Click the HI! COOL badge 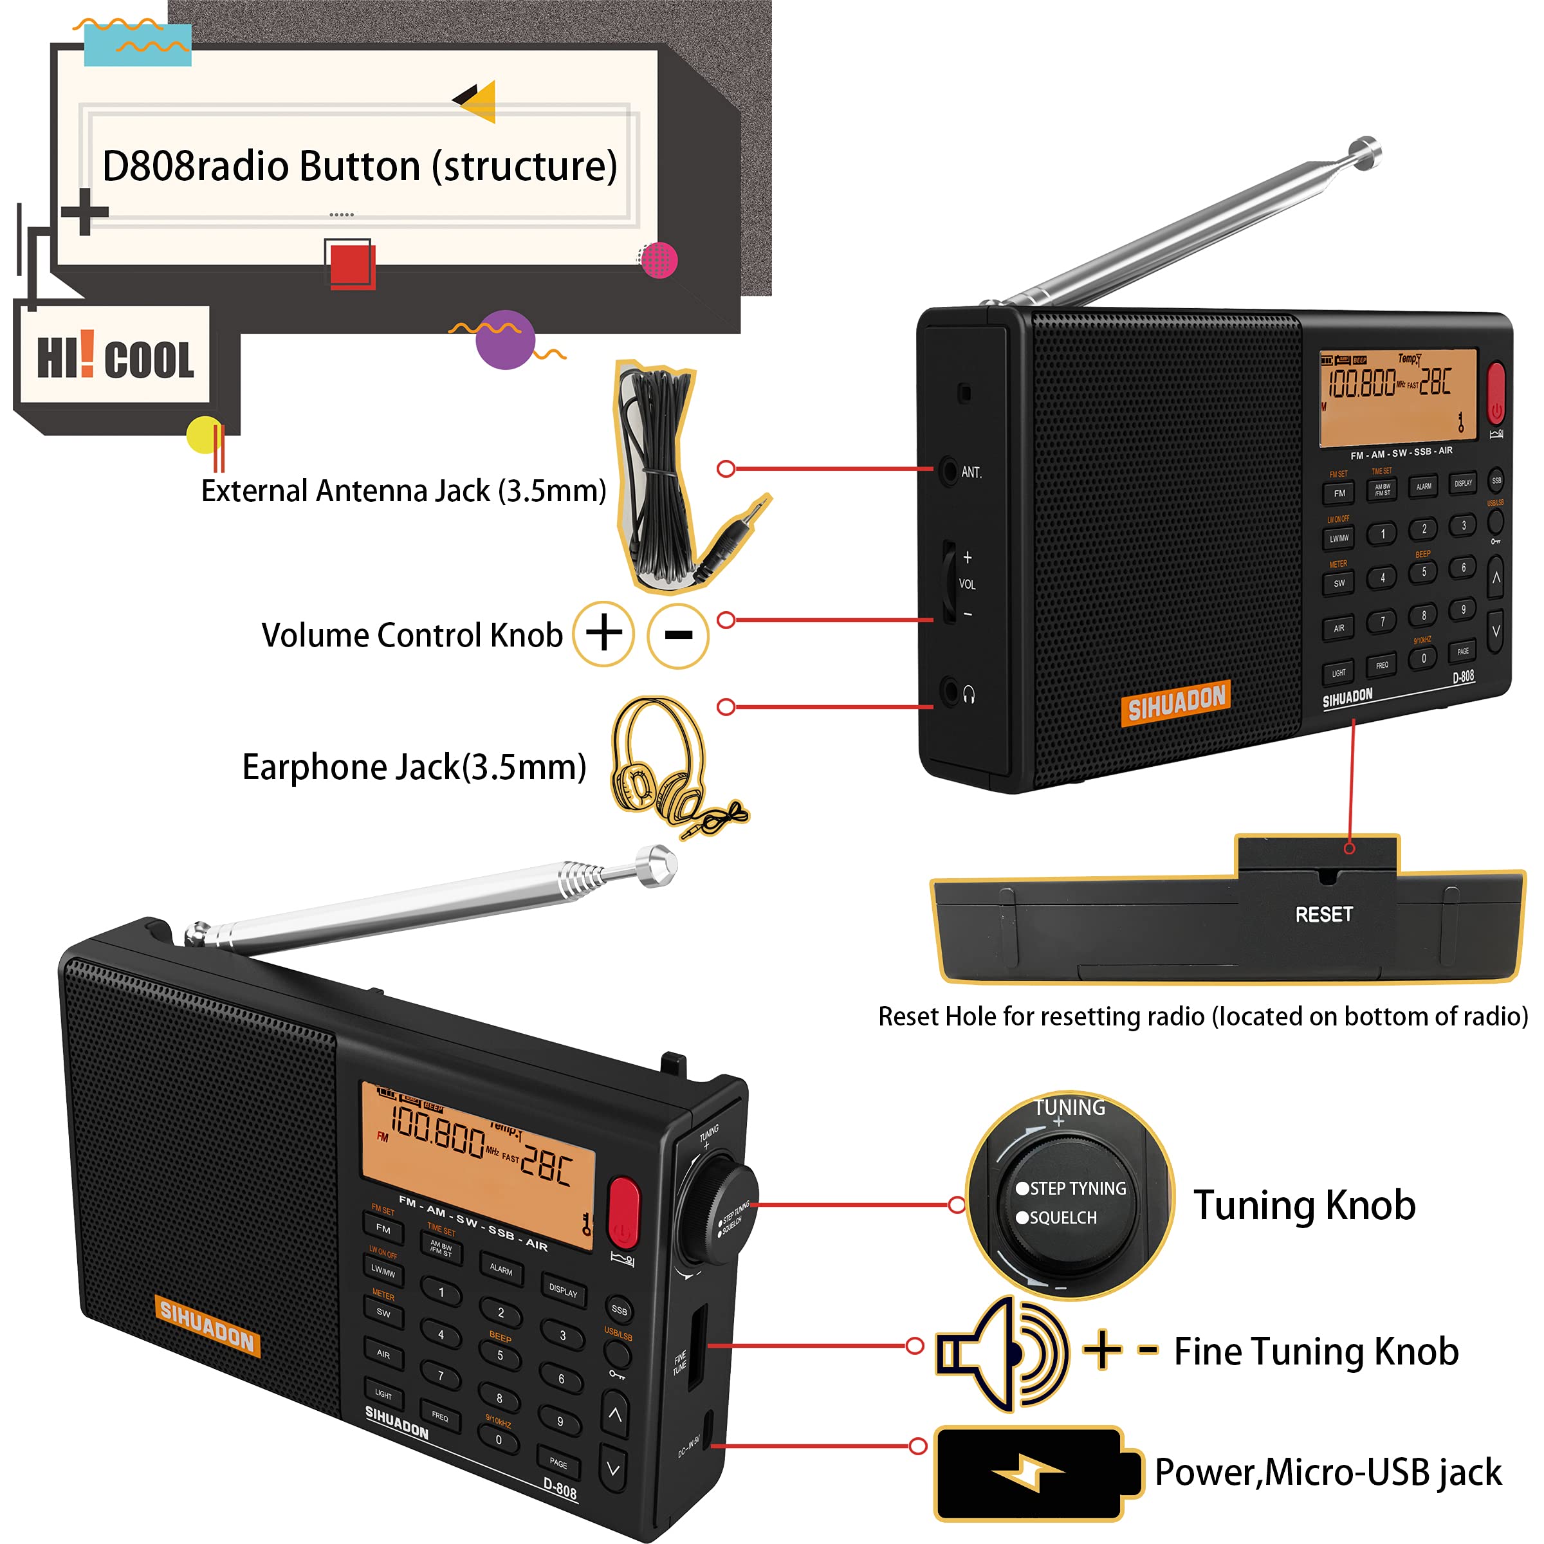click(x=115, y=356)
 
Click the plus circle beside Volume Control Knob click(x=604, y=634)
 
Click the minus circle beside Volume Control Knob click(x=677, y=636)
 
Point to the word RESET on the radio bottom click(x=1323, y=914)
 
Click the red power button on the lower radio click(x=623, y=1211)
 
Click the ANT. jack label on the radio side click(x=971, y=472)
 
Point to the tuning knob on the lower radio click(x=719, y=1215)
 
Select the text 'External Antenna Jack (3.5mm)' click(x=403, y=491)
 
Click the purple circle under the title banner click(x=505, y=340)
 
